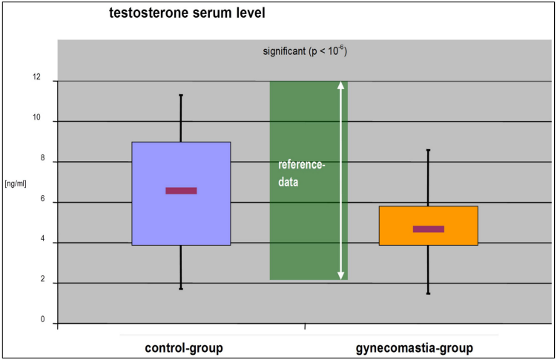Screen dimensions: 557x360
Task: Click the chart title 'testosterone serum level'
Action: (187, 13)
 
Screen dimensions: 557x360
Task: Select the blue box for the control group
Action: (181, 194)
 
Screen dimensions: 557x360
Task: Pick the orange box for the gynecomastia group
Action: (429, 226)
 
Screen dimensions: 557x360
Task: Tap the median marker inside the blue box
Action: (181, 191)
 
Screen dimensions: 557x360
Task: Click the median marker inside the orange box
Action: (429, 229)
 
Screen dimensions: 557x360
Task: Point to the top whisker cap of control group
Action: (181, 95)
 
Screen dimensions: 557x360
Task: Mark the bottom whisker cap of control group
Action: (181, 289)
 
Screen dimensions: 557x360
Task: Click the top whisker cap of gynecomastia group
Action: (429, 151)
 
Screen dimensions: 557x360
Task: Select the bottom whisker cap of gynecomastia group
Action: (429, 293)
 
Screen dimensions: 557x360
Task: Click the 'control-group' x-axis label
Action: (184, 348)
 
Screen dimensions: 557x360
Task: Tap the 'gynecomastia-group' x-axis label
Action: (414, 348)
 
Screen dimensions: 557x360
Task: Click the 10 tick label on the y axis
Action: (36, 117)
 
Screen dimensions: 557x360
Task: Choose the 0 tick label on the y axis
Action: (42, 319)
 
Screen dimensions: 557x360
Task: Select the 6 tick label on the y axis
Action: (42, 199)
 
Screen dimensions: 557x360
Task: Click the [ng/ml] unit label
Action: (16, 184)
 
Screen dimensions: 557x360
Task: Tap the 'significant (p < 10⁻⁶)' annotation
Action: (305, 50)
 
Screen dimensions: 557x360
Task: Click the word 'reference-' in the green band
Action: (302, 165)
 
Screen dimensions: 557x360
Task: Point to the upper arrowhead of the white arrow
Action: (340, 85)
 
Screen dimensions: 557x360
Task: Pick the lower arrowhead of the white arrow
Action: (340, 275)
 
